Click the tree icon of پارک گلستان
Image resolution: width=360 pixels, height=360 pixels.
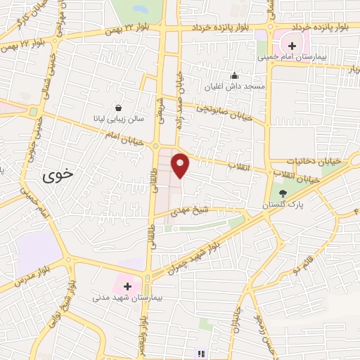283,193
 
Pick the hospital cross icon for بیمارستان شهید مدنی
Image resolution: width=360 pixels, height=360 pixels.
127,286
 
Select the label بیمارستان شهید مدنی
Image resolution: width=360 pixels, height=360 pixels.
127,298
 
